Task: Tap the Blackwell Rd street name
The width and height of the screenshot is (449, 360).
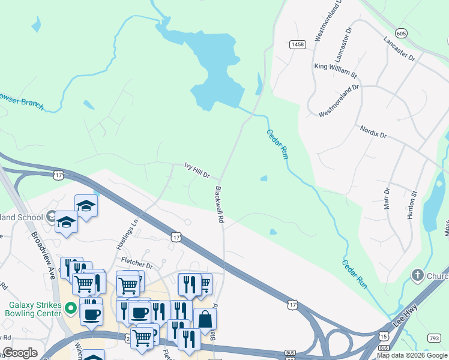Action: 219,205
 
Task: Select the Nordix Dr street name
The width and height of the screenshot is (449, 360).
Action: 373,132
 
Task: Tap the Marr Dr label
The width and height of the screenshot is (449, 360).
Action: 387,198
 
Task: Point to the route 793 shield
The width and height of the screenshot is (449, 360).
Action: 434,338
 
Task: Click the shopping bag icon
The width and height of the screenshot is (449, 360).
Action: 205,320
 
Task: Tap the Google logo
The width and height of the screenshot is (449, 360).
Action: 19,353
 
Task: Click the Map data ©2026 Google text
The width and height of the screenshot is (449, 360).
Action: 412,355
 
